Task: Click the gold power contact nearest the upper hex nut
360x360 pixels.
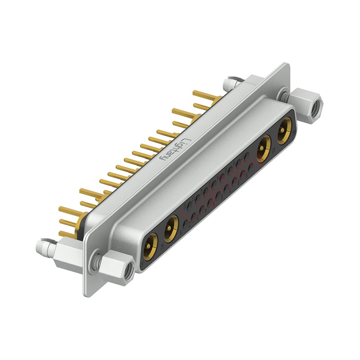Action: point(284,130)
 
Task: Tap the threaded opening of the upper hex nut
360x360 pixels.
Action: point(318,107)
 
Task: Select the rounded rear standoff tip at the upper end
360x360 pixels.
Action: point(227,82)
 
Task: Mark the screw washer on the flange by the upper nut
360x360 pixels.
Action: point(283,95)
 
